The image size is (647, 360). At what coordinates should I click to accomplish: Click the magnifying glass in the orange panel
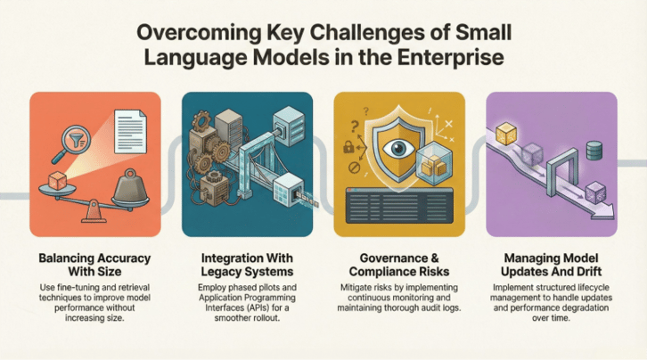point(71,143)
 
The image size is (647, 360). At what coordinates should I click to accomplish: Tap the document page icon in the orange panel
point(130,131)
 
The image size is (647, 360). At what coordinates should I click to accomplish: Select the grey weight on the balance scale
point(130,188)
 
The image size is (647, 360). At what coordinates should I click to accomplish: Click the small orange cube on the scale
point(57,181)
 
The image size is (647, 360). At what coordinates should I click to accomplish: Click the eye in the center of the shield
point(398,150)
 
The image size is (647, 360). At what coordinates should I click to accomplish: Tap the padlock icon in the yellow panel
point(348,147)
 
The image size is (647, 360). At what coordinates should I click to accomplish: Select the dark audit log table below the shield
point(399,205)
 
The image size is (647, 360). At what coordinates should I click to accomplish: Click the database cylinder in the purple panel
point(594,151)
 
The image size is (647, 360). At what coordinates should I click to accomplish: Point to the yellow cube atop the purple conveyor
point(506,134)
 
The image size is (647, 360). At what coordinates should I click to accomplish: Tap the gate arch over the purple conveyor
point(562,172)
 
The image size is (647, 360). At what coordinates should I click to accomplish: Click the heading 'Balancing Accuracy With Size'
point(94,265)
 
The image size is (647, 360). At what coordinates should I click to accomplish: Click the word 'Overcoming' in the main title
point(199,33)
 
